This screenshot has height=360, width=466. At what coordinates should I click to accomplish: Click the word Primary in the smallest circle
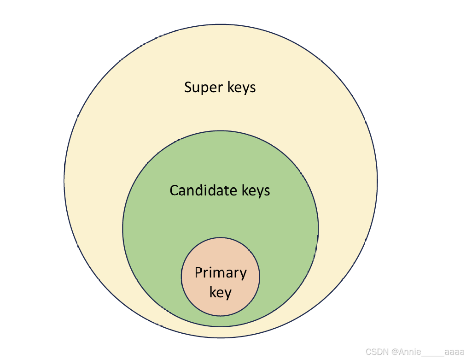click(x=221, y=273)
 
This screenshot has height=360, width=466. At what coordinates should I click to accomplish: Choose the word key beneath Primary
click(x=220, y=292)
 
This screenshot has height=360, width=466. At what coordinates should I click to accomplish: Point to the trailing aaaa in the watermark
click(x=454, y=352)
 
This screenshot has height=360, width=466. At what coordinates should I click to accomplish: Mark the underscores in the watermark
click(x=433, y=355)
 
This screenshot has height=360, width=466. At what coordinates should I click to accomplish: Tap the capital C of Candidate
click(x=174, y=190)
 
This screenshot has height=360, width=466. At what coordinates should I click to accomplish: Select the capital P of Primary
click(x=198, y=272)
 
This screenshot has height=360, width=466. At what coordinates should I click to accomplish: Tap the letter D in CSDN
click(x=377, y=352)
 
